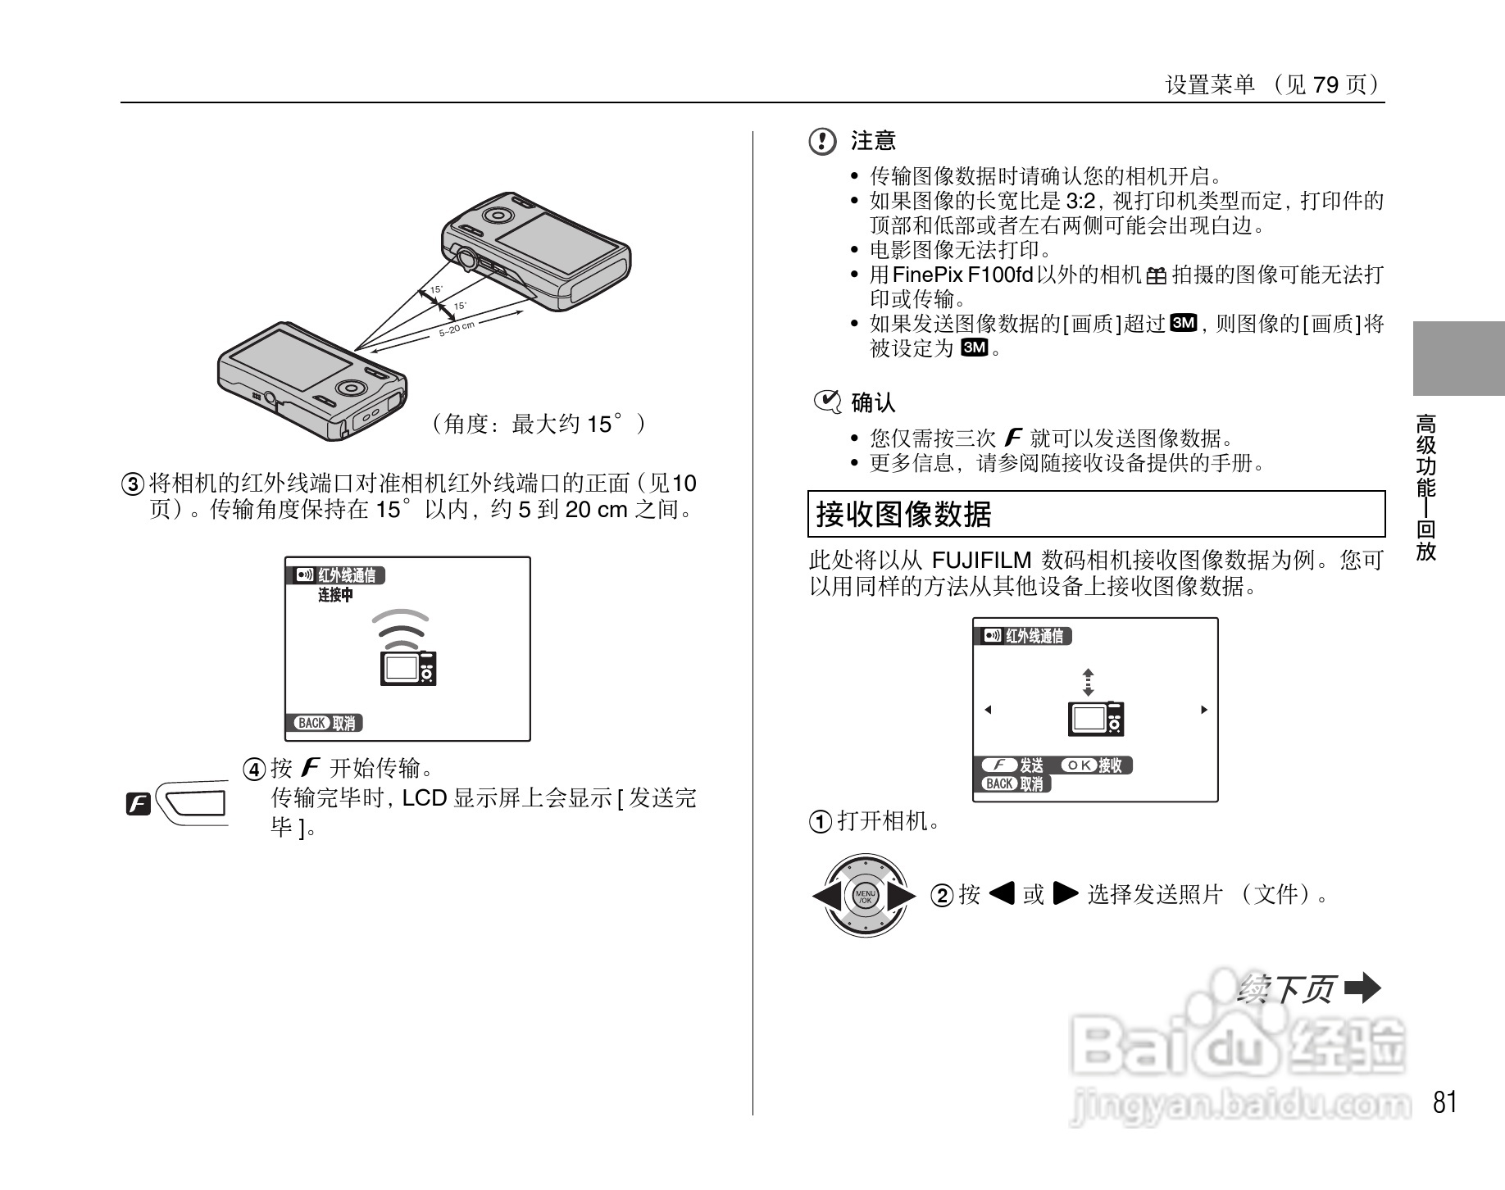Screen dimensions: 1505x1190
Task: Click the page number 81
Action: [x=1445, y=1102]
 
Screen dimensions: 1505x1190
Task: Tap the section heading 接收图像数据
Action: [x=903, y=515]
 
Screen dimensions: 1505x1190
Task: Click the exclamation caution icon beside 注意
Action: [x=822, y=142]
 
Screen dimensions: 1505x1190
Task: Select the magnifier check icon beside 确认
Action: [x=826, y=402]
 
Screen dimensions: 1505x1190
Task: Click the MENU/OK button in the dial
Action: [x=865, y=895]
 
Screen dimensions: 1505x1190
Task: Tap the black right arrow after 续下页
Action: [x=1363, y=988]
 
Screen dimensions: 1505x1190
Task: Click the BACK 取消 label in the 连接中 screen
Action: [x=327, y=723]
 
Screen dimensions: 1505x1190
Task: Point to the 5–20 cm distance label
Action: [x=457, y=329]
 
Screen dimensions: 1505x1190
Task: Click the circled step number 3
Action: [x=134, y=484]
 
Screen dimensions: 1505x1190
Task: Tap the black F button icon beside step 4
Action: [x=139, y=804]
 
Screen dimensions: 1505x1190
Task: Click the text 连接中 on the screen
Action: [x=335, y=596]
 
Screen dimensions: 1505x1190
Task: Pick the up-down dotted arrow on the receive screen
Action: [x=1088, y=682]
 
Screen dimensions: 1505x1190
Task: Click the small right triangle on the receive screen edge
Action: [x=1203, y=710]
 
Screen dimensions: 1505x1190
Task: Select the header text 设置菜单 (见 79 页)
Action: [x=1274, y=85]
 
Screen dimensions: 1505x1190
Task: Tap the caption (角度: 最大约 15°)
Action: [x=539, y=424]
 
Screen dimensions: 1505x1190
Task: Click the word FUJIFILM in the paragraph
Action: [x=981, y=561]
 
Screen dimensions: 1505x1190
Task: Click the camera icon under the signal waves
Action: [x=408, y=667]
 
